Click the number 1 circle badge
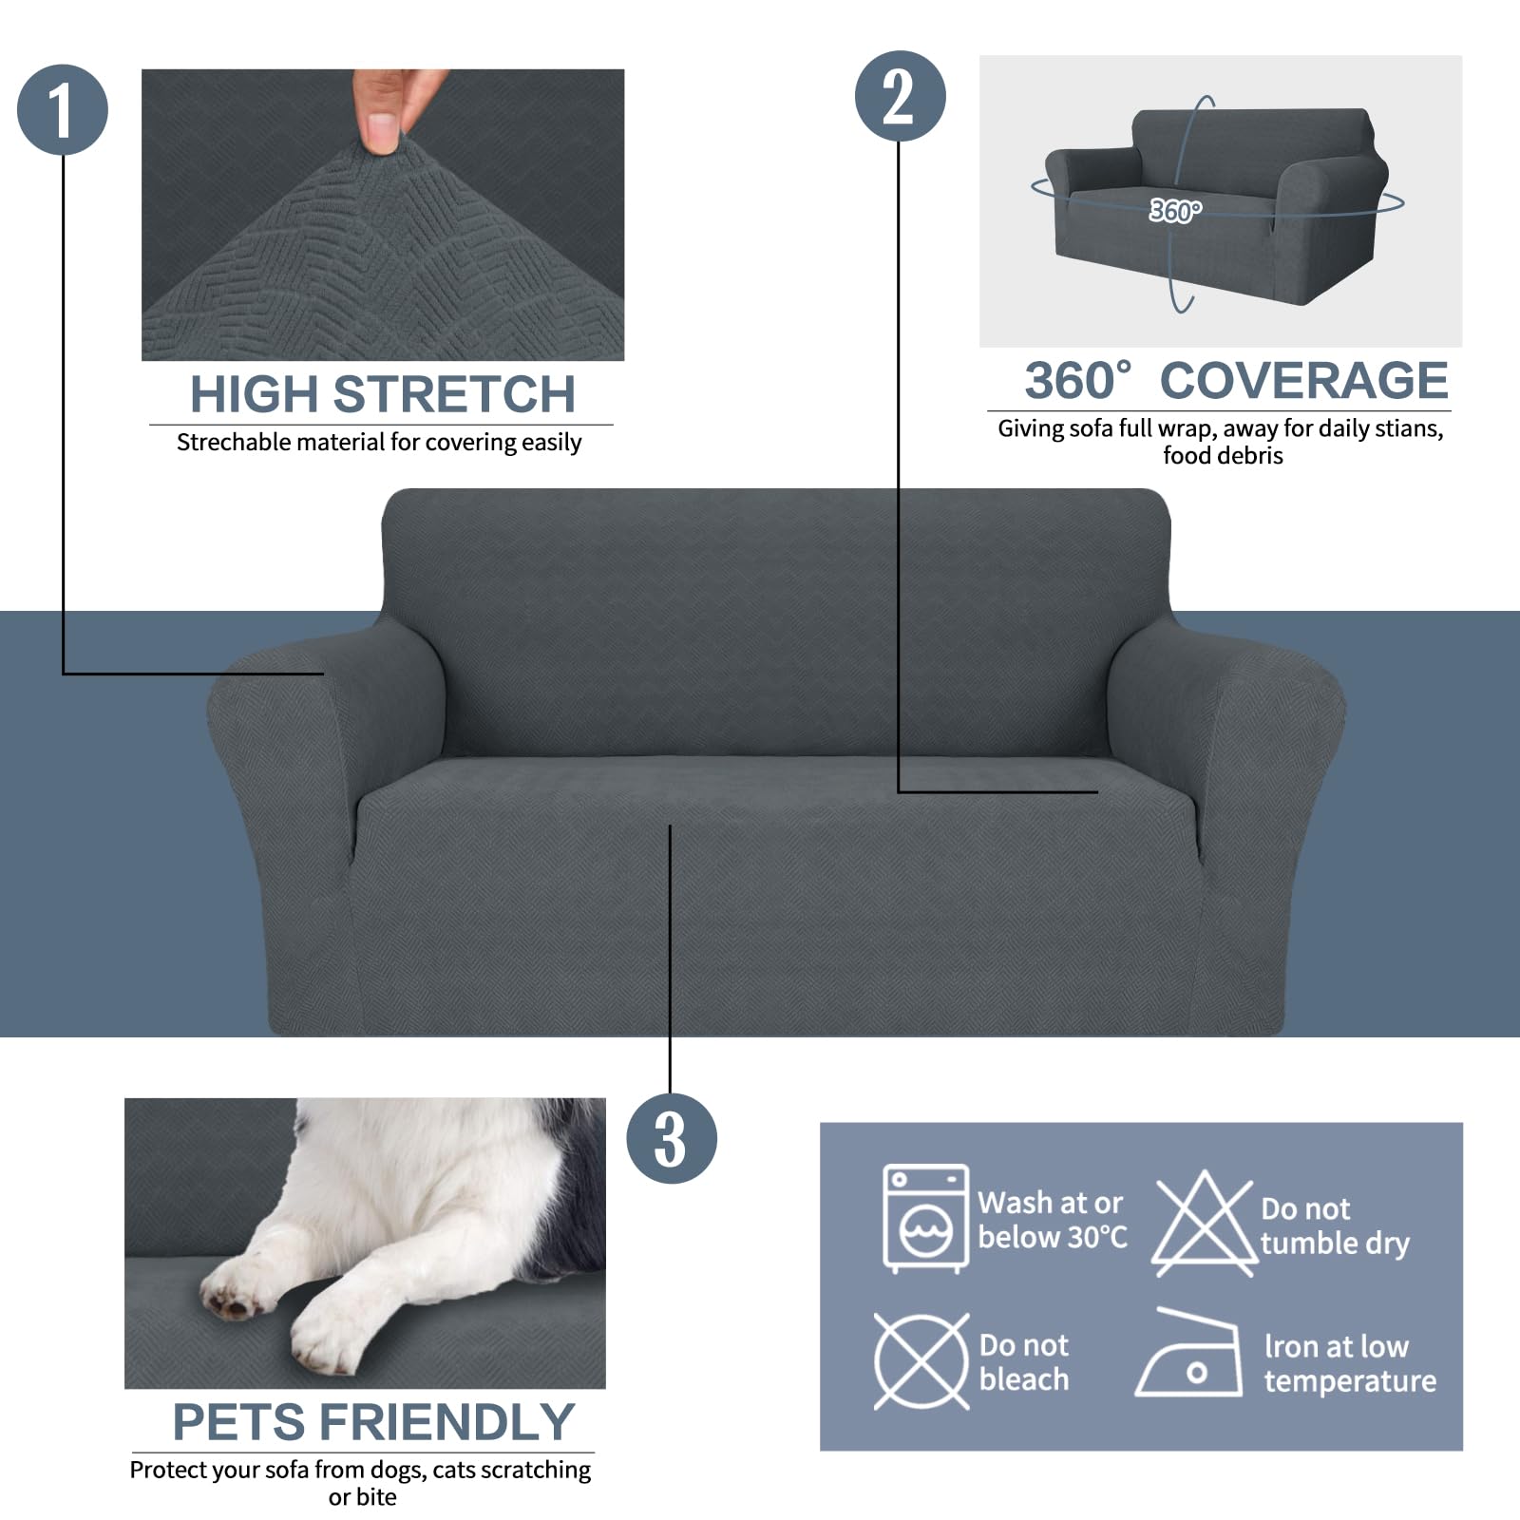pos(63,109)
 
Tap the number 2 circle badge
pos(900,96)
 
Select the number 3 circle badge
pos(671,1138)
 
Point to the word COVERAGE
pos(1303,381)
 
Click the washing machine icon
pos(925,1218)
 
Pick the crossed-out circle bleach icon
pos(921,1361)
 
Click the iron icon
pos(1189,1356)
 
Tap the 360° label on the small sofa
pos(1175,210)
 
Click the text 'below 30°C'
pos(1053,1237)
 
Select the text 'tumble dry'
pos(1335,1244)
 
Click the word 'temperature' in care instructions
pos(1350,1380)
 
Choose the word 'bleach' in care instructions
pos(1024,1379)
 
